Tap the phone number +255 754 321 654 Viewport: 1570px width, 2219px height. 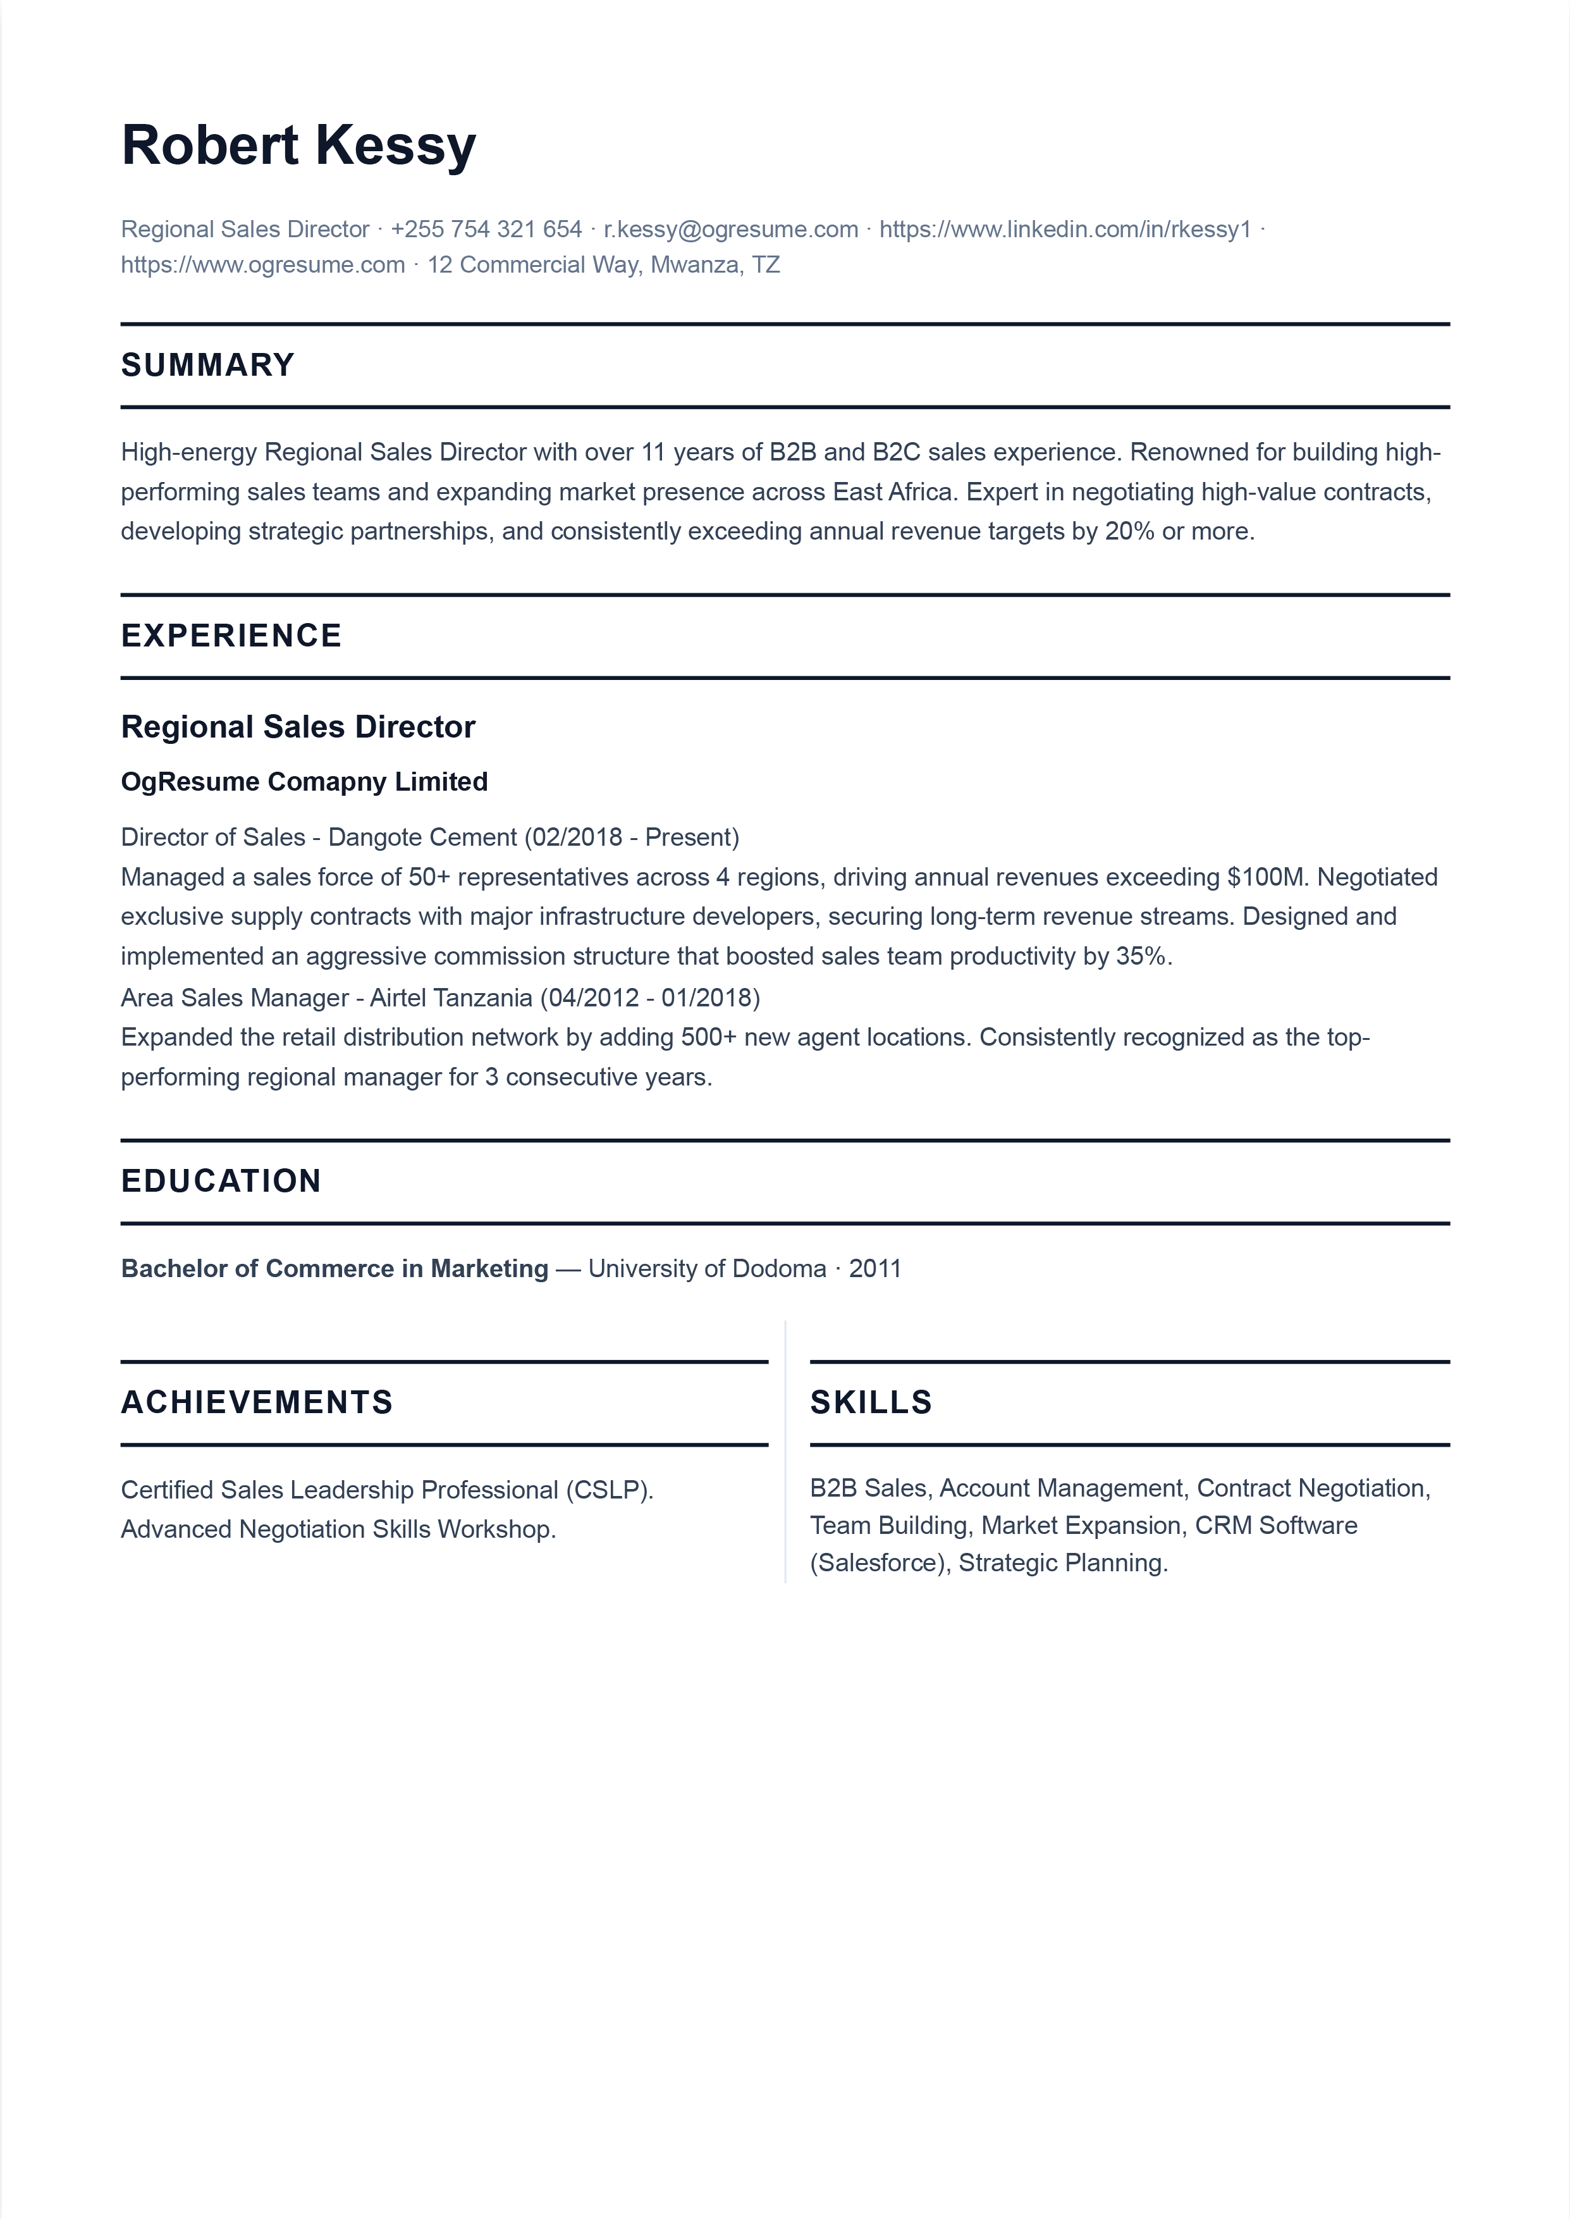486,229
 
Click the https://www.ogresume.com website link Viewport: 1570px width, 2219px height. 263,265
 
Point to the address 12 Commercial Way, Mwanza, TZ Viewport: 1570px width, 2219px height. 603,265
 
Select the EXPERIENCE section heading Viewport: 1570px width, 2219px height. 231,636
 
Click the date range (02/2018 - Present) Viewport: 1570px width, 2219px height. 631,838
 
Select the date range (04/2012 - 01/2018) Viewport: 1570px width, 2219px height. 649,998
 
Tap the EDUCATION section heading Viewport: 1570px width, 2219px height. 221,1182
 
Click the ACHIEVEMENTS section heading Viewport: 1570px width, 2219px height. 256,1403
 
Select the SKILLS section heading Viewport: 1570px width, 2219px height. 870,1403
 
